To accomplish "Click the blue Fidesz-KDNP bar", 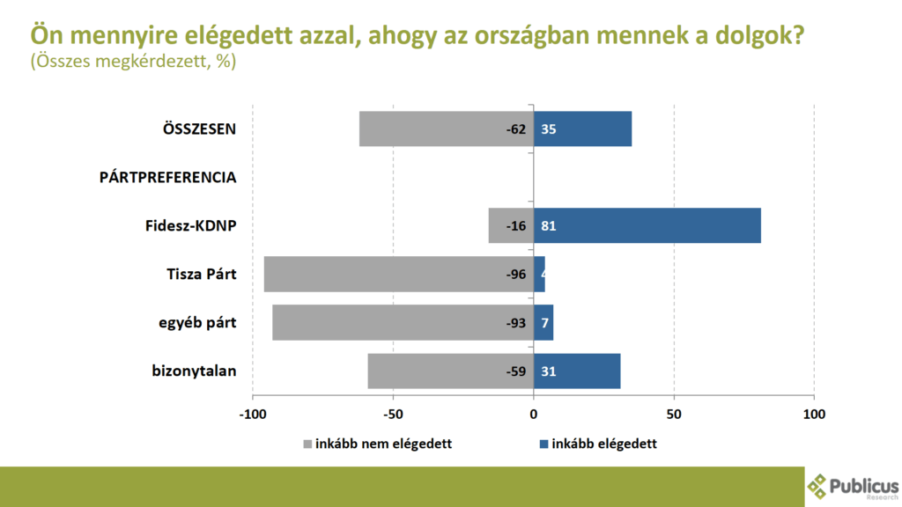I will coord(647,225).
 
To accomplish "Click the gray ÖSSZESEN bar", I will coord(432,129).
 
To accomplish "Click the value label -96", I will coord(515,275).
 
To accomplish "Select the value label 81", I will coord(548,226).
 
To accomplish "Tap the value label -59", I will coord(515,371).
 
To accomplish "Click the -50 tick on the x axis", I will coord(393,414).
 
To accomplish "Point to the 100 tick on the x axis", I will coord(814,414).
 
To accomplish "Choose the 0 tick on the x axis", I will coord(534,414).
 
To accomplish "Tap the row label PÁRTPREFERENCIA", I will coord(167,178).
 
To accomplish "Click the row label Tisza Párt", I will coord(202,274).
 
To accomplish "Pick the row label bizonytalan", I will coord(194,371).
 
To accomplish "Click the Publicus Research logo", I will coord(853,485).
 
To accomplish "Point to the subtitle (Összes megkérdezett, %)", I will coord(133,62).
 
